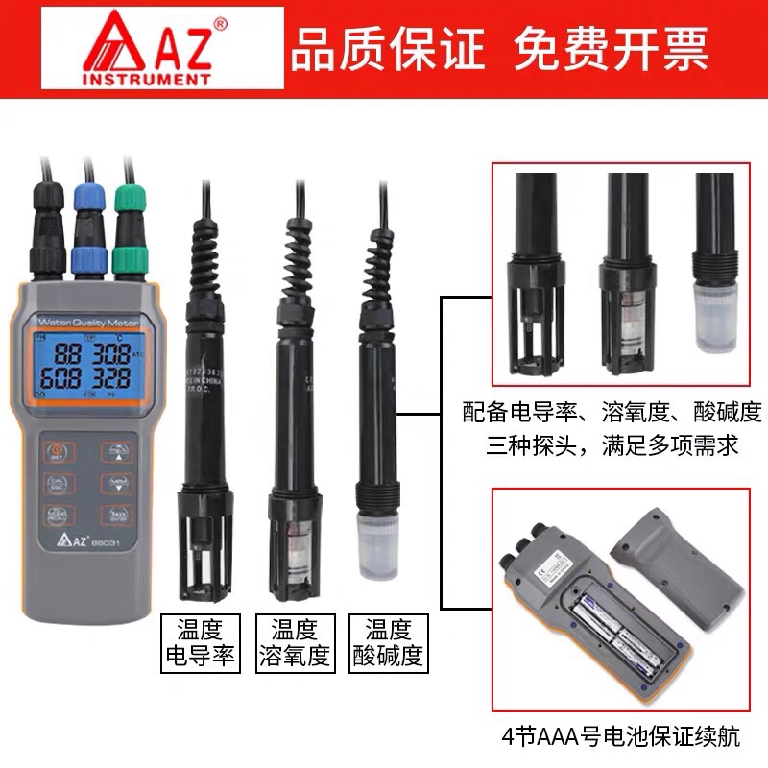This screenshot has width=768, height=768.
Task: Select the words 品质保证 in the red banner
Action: [x=388, y=48]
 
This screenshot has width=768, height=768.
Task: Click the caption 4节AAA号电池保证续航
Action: [x=621, y=737]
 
